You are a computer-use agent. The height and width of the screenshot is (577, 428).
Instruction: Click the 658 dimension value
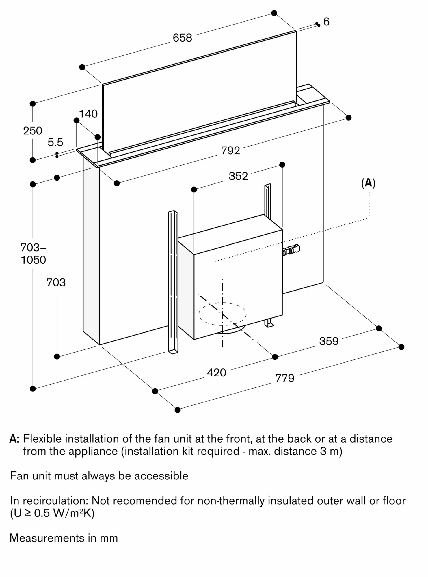click(182, 38)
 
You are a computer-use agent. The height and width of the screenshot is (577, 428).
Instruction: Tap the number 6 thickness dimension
click(326, 22)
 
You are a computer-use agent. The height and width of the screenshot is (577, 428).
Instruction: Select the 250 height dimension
click(33, 131)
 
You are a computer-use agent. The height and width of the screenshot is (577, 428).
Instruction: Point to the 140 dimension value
click(88, 114)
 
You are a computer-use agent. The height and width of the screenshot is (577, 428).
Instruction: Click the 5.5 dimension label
click(55, 143)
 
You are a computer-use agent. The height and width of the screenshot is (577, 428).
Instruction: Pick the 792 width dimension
click(230, 151)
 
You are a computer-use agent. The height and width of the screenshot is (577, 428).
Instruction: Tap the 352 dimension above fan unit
click(238, 176)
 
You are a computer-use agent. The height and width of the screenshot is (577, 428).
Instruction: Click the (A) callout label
click(368, 183)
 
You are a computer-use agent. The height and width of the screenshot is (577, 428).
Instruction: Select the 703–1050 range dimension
click(33, 254)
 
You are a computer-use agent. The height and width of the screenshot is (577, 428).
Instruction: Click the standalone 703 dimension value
click(56, 282)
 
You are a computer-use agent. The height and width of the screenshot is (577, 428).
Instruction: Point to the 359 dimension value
click(329, 341)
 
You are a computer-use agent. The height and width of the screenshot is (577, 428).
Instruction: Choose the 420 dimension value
click(216, 373)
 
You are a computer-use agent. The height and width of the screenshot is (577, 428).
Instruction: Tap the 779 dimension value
click(284, 378)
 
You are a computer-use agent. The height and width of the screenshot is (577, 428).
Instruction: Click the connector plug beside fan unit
click(292, 250)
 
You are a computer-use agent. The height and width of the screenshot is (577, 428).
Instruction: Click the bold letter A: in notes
click(14, 439)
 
